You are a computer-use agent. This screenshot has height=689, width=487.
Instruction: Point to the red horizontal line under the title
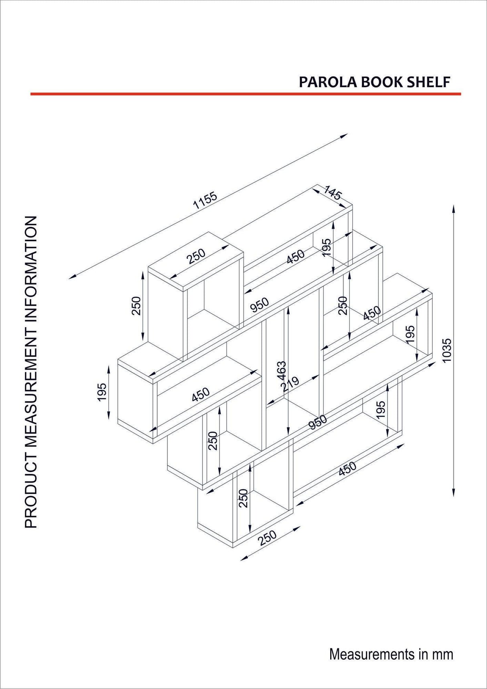tap(246, 94)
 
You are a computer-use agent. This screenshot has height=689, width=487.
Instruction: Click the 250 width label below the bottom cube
tap(268, 538)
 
